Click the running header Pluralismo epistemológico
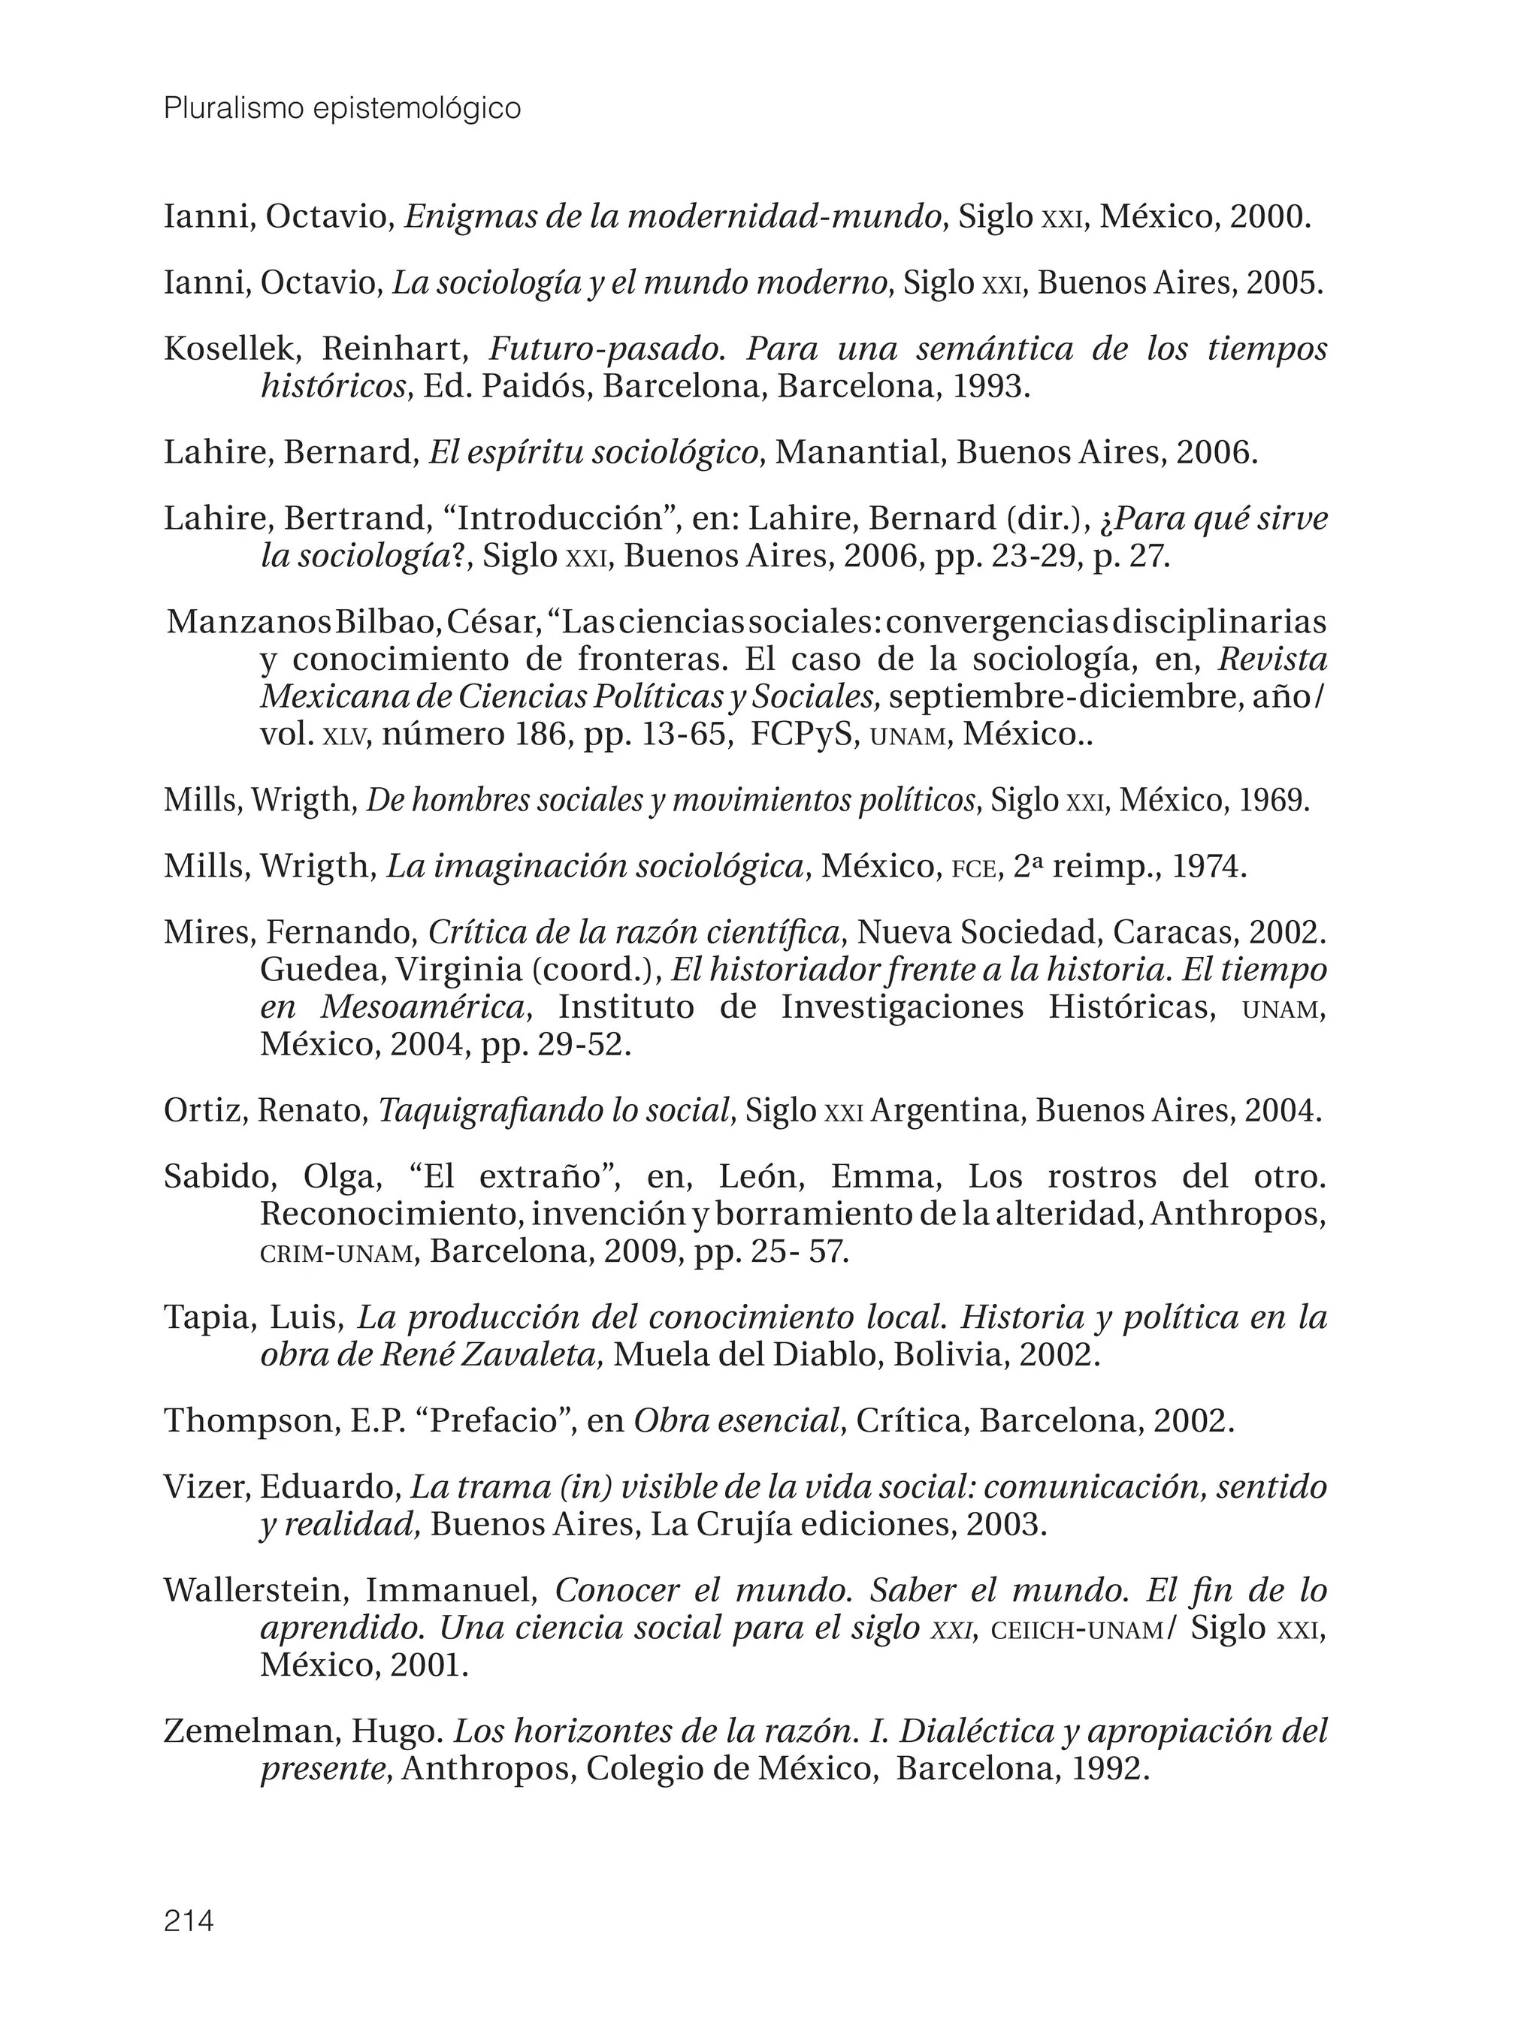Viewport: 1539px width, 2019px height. click(x=342, y=109)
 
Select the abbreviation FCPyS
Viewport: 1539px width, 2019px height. click(x=803, y=735)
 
